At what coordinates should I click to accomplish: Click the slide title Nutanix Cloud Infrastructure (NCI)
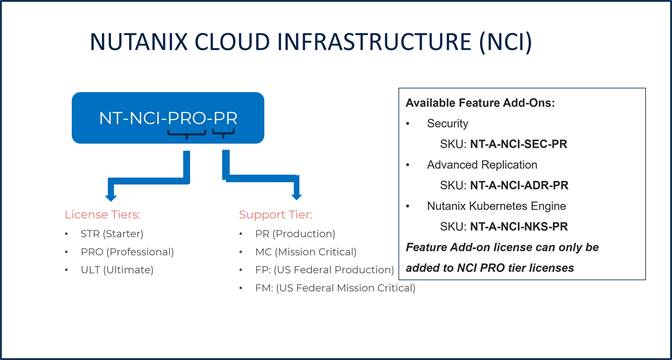(310, 42)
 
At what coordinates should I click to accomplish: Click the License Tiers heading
(103, 214)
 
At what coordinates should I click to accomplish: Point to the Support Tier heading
(275, 214)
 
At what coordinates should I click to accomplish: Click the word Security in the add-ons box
(447, 123)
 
